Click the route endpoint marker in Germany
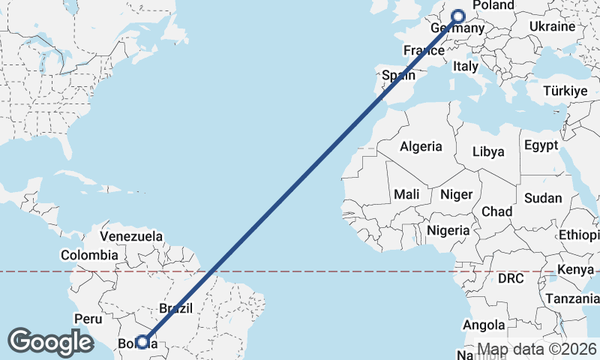(x=459, y=15)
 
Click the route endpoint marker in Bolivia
(x=142, y=341)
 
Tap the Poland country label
(x=493, y=6)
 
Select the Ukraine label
(x=553, y=26)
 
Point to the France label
(x=424, y=51)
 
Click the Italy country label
(x=465, y=67)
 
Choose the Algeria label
(x=421, y=147)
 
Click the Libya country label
(x=488, y=152)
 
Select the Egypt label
(x=541, y=145)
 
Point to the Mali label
(x=406, y=194)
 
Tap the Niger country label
(x=457, y=194)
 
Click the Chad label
(x=496, y=211)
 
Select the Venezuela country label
(x=131, y=236)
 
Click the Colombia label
(x=89, y=255)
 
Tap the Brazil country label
(x=176, y=307)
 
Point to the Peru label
(x=88, y=319)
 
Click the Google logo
(x=50, y=341)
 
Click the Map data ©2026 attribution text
(x=537, y=349)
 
